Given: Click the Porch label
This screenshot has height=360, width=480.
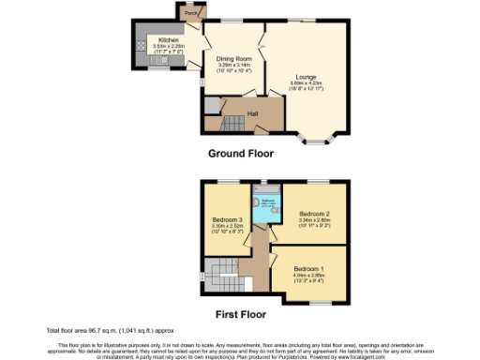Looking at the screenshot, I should (191, 14).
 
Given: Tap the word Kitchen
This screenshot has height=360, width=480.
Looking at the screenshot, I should (169, 39).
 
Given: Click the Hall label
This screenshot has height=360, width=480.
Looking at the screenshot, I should (253, 114).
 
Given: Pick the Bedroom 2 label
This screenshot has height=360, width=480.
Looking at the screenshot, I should (315, 215).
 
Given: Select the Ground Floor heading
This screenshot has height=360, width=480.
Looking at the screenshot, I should (240, 153).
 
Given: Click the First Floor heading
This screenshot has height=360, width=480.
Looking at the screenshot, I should (240, 314).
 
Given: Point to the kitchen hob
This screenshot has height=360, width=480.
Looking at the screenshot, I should (141, 43).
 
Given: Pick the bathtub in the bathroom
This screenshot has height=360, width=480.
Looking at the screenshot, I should (260, 207).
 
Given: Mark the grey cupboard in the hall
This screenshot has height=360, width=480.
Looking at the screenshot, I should (212, 105).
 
